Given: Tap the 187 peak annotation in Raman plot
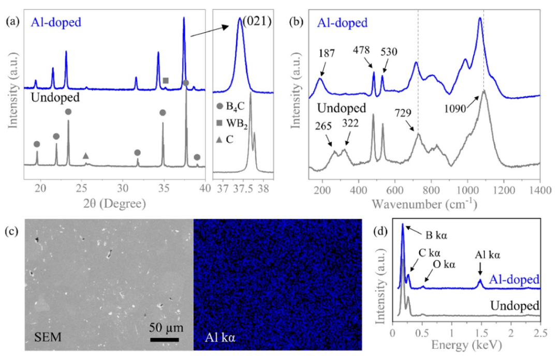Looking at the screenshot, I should (327, 53).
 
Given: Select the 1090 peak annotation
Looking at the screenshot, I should (455, 108).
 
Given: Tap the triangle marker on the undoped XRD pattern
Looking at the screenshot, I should (86, 156).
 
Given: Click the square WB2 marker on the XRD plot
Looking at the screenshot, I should (166, 81).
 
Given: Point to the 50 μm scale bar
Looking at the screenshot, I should (165, 339).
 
